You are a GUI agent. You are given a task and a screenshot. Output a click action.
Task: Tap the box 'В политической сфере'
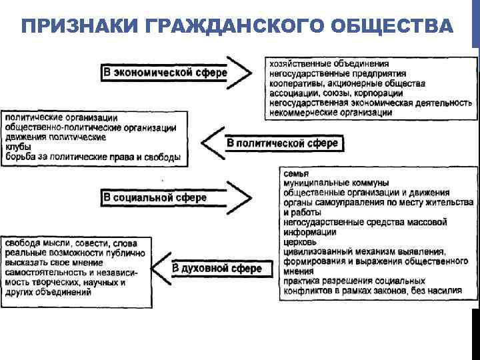point(283,143)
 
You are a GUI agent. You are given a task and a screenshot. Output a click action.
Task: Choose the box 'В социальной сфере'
point(155,197)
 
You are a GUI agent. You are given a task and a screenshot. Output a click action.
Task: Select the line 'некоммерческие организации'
point(331,113)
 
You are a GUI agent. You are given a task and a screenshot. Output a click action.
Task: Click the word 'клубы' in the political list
point(19,147)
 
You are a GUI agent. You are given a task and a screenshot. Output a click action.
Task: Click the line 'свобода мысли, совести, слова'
point(71,243)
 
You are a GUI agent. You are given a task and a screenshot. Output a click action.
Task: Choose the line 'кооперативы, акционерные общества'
point(347,83)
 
